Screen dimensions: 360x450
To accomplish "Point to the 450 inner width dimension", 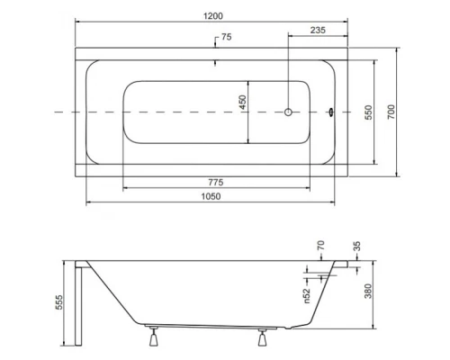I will [242, 104].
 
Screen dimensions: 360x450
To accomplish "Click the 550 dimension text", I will [368, 112].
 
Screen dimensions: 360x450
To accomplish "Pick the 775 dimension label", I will [214, 181].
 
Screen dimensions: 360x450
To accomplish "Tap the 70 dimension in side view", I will [319, 247].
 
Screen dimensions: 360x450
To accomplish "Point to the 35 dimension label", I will [356, 247].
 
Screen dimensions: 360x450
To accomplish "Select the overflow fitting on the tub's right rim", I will [331, 112].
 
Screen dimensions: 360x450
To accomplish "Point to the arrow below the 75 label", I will [214, 62].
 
